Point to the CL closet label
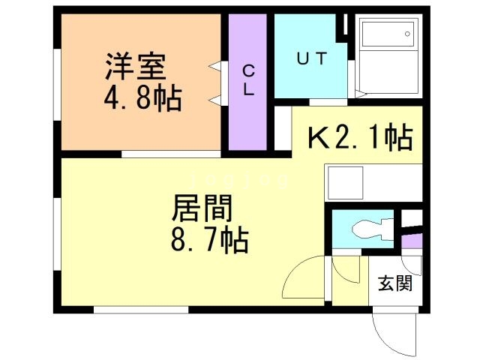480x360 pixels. [x=247, y=78]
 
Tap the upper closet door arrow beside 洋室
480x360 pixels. [x=215, y=67]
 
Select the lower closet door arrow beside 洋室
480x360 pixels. [x=215, y=100]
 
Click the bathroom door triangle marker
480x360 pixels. [x=359, y=94]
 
